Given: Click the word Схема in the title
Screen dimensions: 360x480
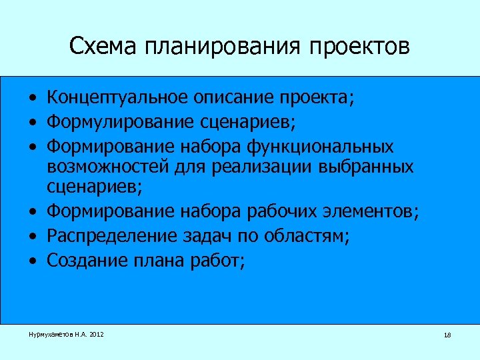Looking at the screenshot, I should [x=101, y=47].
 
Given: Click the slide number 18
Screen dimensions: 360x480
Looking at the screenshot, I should [x=447, y=335].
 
